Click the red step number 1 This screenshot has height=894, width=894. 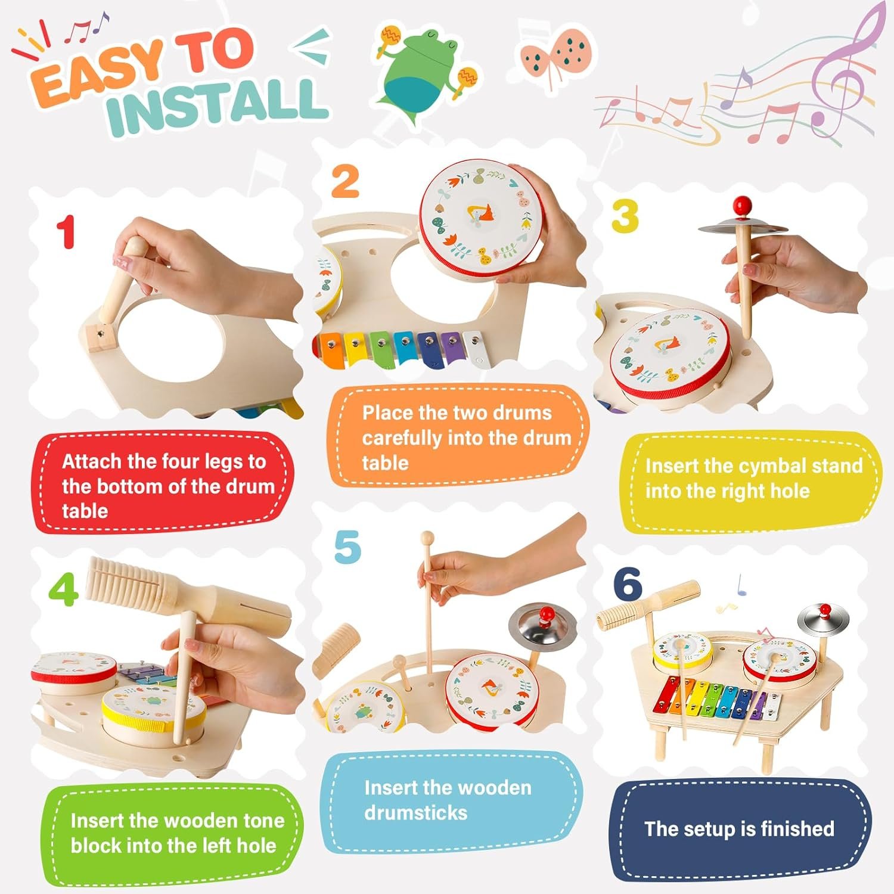[66, 232]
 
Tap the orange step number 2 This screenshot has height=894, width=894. [345, 181]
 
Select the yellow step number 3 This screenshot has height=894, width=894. [625, 216]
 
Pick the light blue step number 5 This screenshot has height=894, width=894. [347, 547]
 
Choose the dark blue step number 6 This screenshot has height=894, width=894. [628, 583]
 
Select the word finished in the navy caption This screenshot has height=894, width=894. [797, 828]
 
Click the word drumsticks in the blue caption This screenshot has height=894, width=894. [416, 812]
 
